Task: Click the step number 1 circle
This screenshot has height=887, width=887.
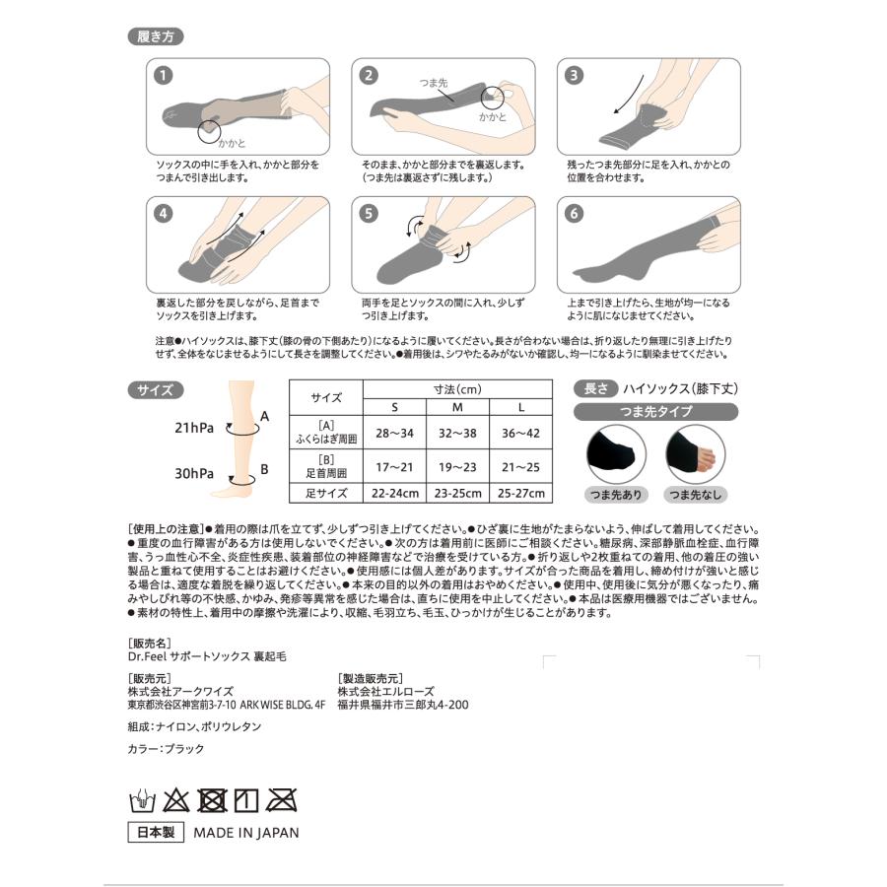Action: click(x=163, y=75)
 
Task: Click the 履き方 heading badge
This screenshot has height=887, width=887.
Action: click(x=155, y=37)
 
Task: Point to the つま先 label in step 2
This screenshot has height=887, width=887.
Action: click(x=435, y=85)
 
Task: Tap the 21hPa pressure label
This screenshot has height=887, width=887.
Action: click(x=194, y=428)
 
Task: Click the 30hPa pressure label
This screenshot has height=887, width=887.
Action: click(x=194, y=473)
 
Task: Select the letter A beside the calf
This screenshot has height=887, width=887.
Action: click(x=264, y=417)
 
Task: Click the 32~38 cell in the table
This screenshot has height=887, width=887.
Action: click(x=457, y=432)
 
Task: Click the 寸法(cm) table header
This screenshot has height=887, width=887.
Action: click(x=457, y=388)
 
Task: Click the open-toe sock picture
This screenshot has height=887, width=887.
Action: click(x=689, y=453)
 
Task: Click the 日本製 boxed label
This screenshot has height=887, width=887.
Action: click(x=154, y=832)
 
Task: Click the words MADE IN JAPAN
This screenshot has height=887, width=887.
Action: click(x=245, y=832)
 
